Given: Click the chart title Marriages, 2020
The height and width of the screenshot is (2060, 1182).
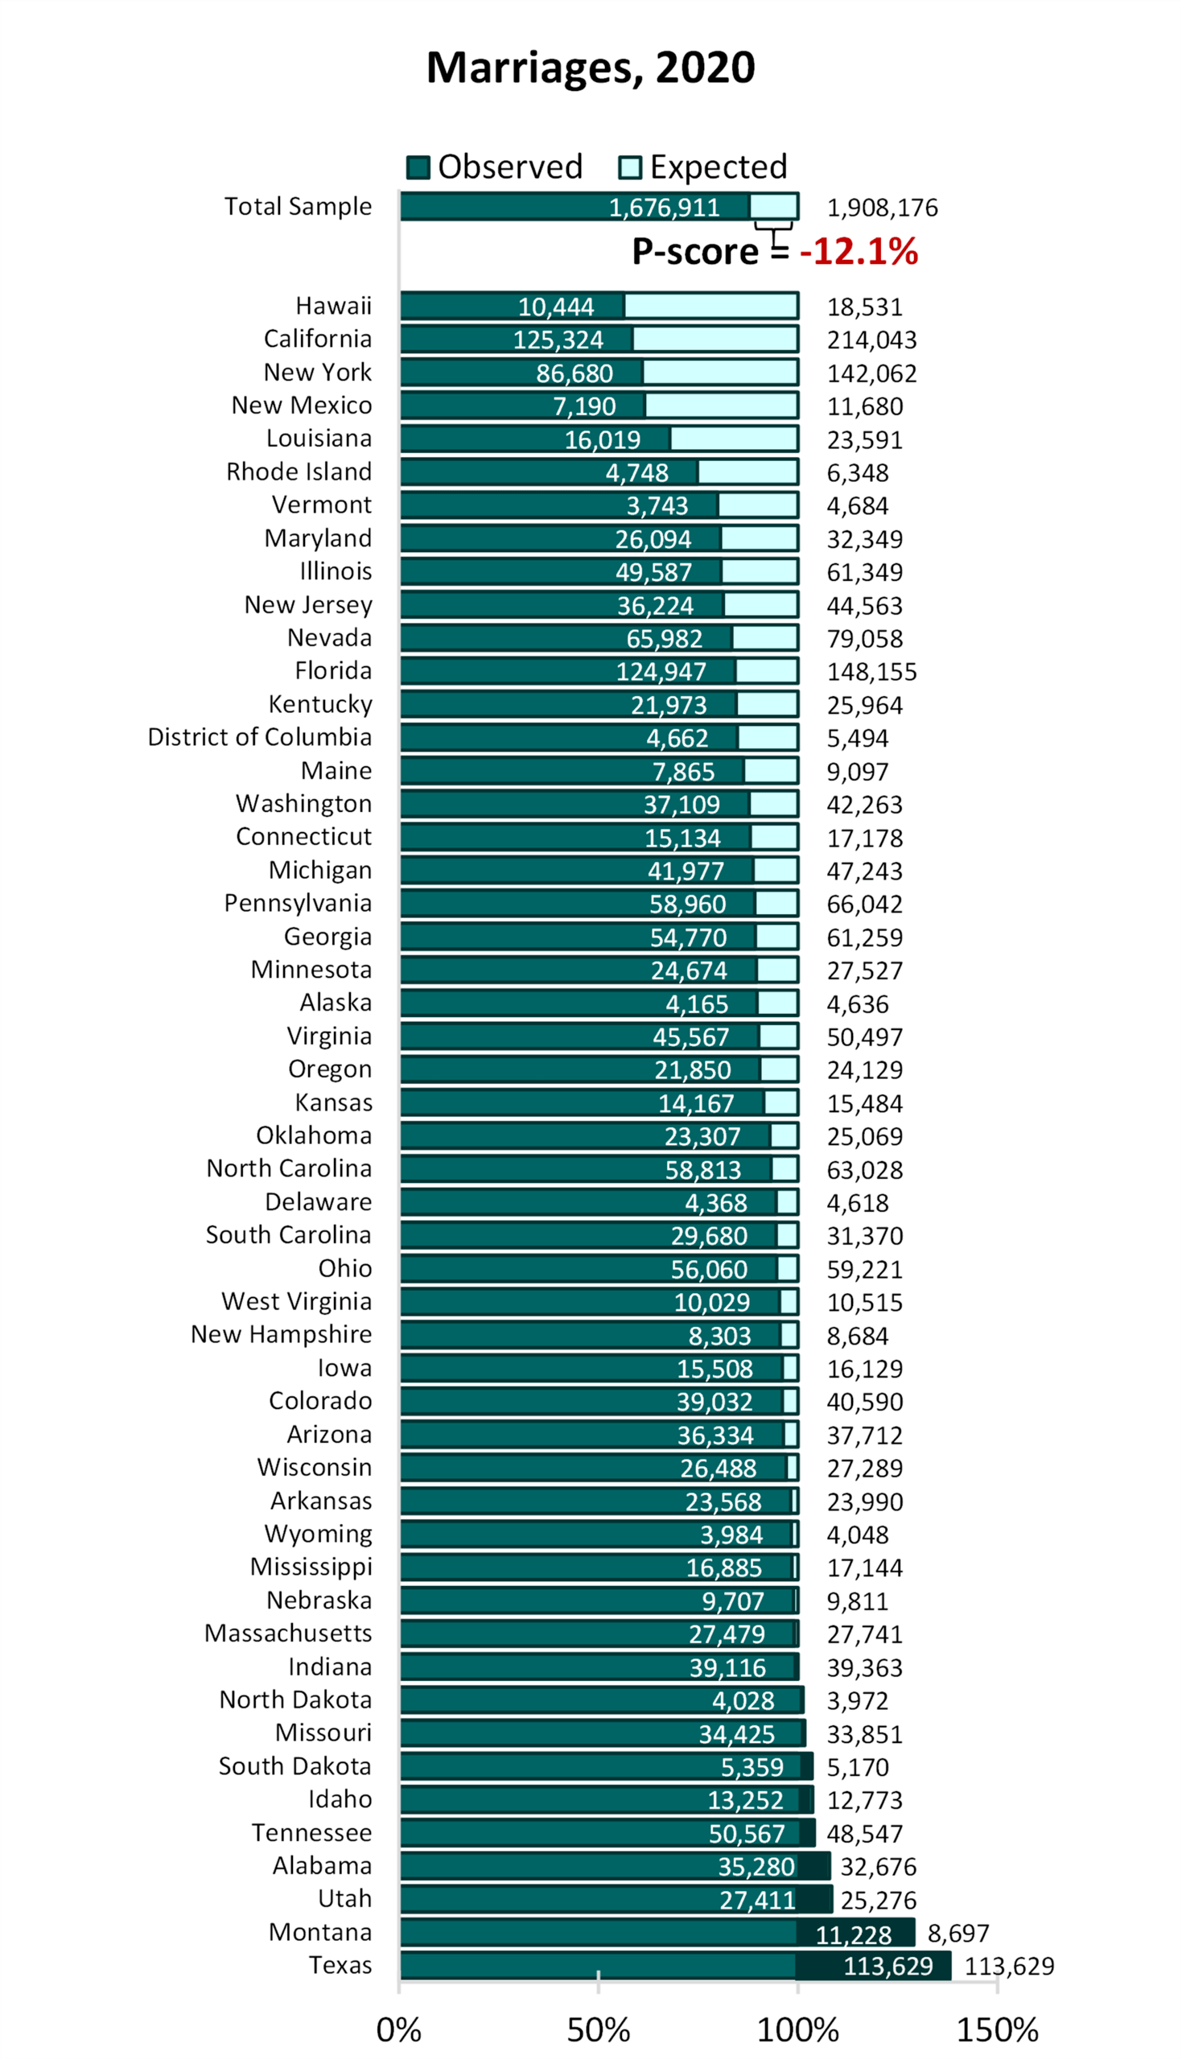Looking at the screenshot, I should point(590,68).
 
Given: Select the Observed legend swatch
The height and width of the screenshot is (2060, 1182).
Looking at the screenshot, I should point(418,167).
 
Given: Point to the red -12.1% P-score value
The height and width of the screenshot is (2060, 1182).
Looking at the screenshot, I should point(858,251).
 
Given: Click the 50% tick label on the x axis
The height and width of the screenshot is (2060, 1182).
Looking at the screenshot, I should point(599,2030).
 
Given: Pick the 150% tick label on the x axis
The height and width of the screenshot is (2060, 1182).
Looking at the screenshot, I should point(997,2030).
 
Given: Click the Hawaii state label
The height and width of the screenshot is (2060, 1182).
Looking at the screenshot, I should point(334,306).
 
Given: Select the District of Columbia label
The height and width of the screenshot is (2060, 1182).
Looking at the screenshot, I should point(260,737).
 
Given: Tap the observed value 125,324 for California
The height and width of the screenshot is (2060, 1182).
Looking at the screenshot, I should point(558,340).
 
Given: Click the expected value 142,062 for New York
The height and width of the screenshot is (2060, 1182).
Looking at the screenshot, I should point(872,373).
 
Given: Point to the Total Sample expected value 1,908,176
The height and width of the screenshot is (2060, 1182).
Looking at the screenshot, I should point(883,208).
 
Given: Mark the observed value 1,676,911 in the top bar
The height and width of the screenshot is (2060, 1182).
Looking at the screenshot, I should point(664,208).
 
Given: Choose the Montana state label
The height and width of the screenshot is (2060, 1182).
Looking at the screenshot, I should point(321,1932).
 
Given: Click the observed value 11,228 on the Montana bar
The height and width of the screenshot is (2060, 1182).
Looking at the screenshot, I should point(853,1935).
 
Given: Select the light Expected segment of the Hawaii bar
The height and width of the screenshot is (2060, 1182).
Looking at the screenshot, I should point(710,306).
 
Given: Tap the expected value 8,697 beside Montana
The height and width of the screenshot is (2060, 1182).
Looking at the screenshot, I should point(958,1934).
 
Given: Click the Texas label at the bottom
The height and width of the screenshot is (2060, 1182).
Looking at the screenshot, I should point(340,1965).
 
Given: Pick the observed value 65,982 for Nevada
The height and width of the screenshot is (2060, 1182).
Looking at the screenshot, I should point(664,639).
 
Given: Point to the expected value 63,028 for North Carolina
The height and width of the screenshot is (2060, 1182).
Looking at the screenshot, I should point(865,1169).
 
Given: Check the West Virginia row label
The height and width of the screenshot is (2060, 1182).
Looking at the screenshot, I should point(296,1301).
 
